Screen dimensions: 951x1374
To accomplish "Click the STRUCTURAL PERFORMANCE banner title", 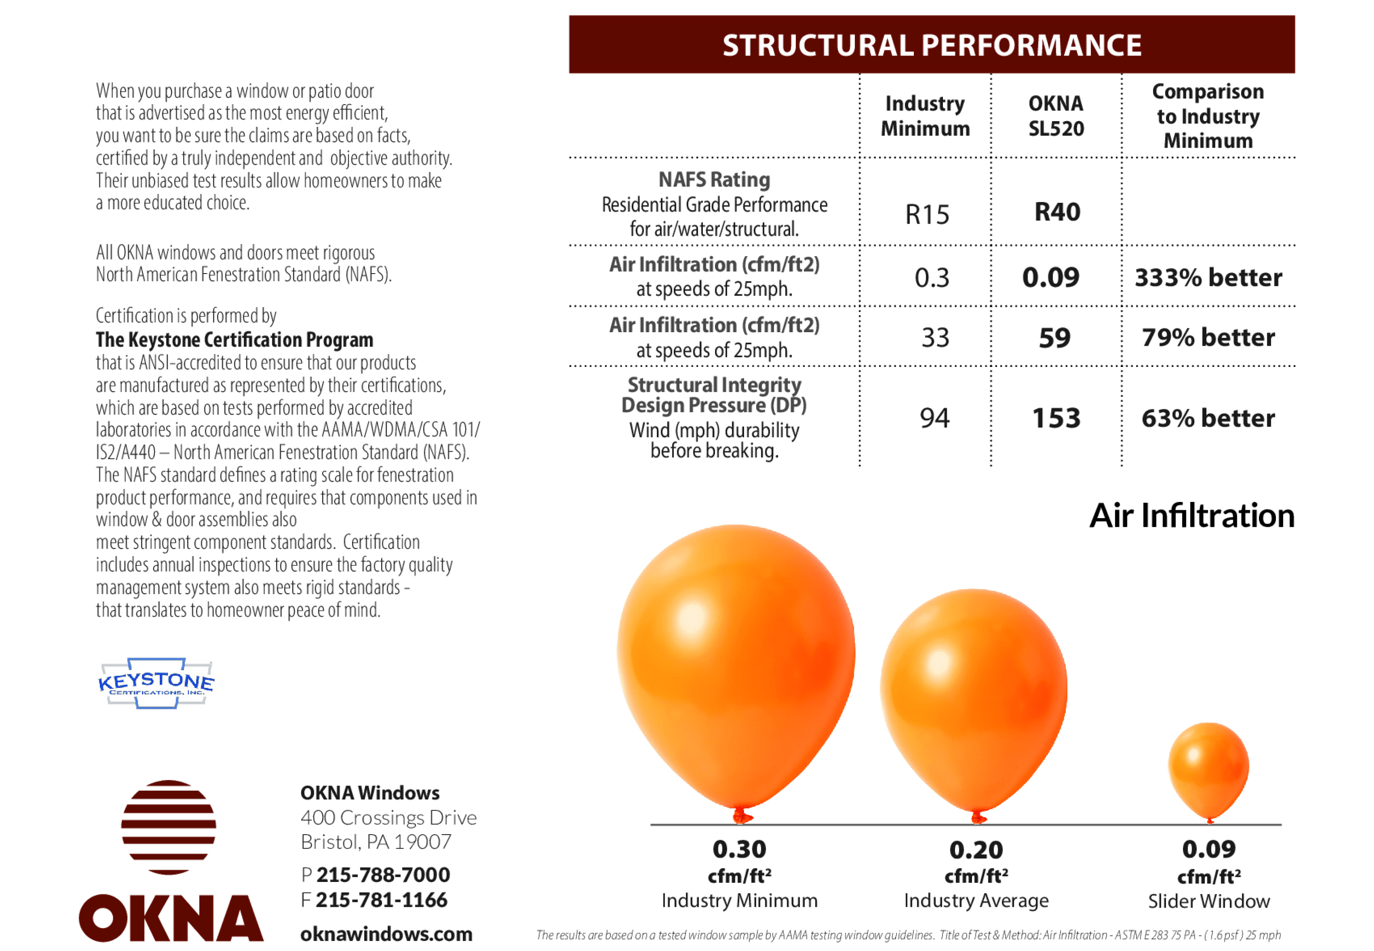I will click(x=932, y=45).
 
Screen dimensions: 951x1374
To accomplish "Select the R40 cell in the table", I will click(x=1057, y=212).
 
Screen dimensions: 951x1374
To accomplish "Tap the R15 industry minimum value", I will click(x=927, y=215).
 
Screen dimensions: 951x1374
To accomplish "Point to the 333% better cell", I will click(x=1208, y=277).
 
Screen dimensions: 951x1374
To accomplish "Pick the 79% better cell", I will click(x=1208, y=338).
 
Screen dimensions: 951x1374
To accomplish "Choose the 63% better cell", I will click(x=1208, y=418).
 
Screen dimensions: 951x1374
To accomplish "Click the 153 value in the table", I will click(x=1056, y=418).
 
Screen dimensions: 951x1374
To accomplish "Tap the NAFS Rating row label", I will click(x=714, y=180).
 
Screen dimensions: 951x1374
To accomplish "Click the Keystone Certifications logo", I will click(x=156, y=684).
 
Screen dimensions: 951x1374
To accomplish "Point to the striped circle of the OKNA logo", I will click(x=168, y=827).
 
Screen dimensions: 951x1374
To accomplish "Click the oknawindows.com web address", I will click(x=386, y=934).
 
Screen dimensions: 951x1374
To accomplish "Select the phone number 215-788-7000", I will click(x=382, y=875).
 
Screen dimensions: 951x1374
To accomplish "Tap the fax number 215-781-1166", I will click(x=381, y=900).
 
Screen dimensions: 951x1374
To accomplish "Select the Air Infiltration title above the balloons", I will click(x=1192, y=516).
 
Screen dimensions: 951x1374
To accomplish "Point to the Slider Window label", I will click(x=1209, y=901).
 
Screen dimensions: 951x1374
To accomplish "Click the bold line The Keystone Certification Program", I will click(x=235, y=340).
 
